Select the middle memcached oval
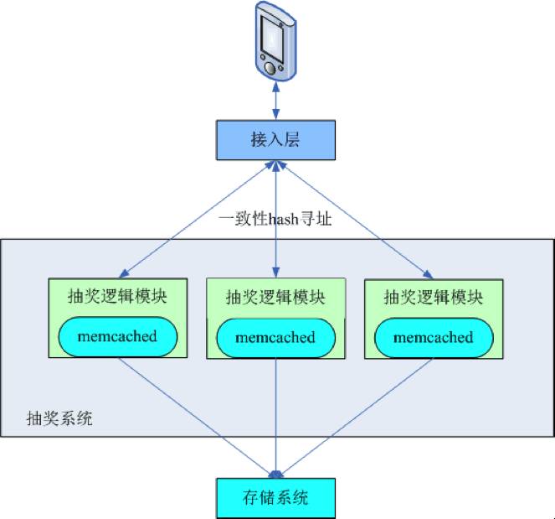[x=275, y=338]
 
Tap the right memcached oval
[x=433, y=337]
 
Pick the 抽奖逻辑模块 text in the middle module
[x=275, y=298]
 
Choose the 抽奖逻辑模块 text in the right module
[x=433, y=296]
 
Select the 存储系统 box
[x=275, y=496]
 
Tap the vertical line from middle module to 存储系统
[x=275, y=419]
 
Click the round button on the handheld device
[x=268, y=65]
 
